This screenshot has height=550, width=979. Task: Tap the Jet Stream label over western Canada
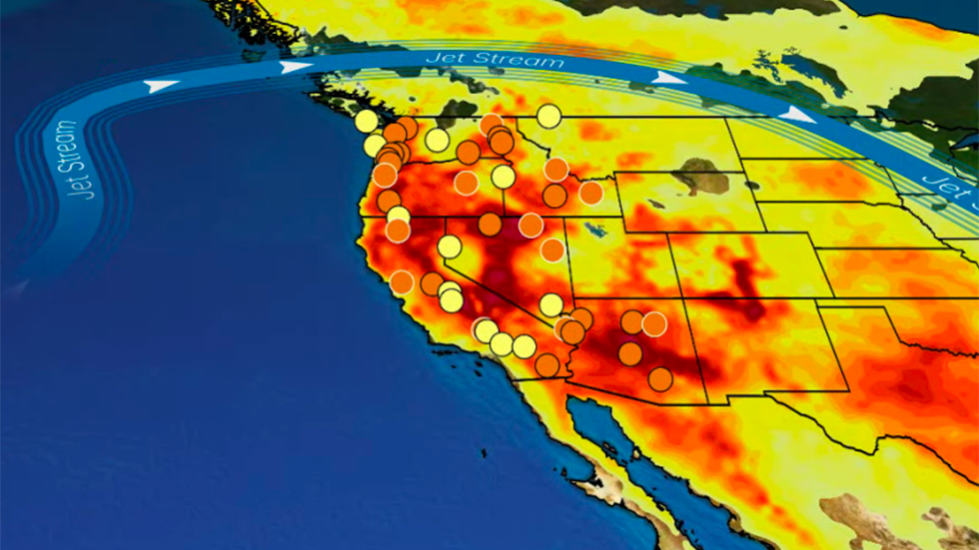(x=493, y=60)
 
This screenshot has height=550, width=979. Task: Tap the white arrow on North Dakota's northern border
(x=796, y=115)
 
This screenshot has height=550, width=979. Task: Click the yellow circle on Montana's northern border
(x=548, y=116)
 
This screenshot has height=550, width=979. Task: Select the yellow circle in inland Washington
(x=437, y=140)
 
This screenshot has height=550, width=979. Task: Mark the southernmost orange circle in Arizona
(x=660, y=379)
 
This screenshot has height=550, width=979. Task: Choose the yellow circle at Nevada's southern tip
(x=551, y=304)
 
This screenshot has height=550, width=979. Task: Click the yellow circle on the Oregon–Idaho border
(x=503, y=177)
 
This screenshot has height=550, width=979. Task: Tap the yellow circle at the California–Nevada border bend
(x=450, y=247)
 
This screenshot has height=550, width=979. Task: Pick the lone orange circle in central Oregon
(x=467, y=183)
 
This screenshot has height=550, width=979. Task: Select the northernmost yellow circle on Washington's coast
(x=367, y=121)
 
